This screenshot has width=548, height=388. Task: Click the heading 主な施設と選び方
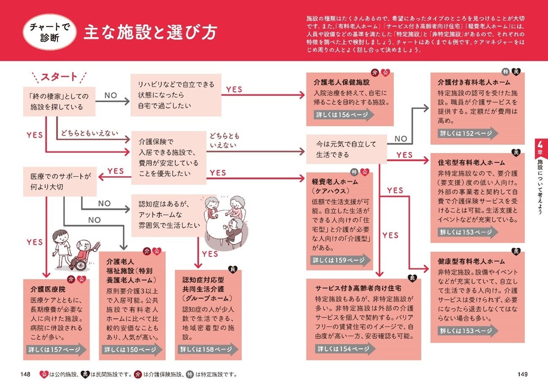click(x=150, y=33)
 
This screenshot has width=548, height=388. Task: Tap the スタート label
click(x=59, y=77)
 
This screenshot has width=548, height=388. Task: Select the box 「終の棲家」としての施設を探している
click(x=59, y=102)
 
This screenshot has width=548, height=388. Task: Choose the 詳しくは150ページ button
click(x=130, y=350)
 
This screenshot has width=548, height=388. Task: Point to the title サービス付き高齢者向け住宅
click(x=358, y=288)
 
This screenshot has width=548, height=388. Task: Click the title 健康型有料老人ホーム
click(x=471, y=261)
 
